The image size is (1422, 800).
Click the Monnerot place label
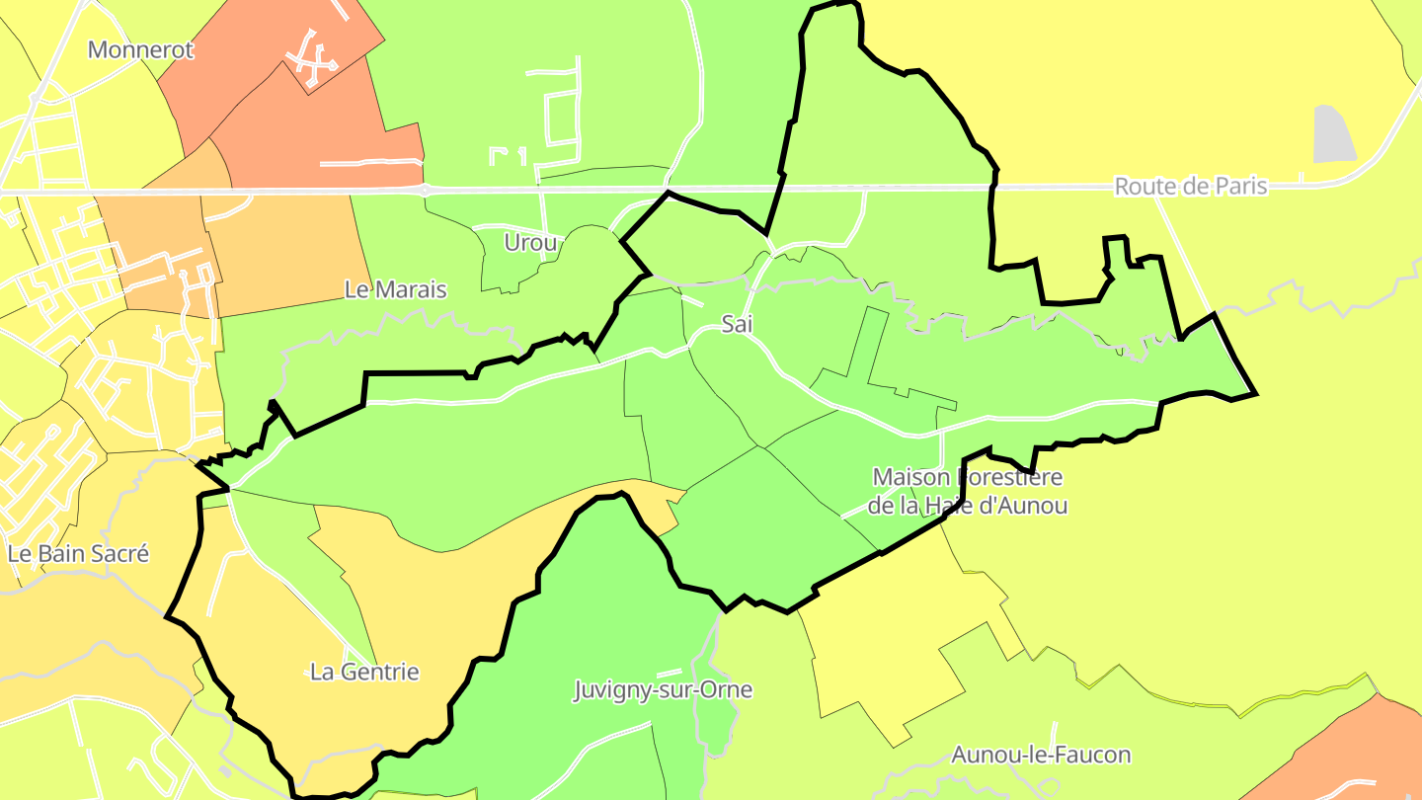(140, 50)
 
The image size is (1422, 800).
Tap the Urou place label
(530, 242)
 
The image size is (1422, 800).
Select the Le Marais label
(395, 290)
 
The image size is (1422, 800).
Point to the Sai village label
(731, 324)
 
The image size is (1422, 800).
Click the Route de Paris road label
(1190, 187)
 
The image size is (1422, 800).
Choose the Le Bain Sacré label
(78, 554)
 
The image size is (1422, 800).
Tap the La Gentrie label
(364, 673)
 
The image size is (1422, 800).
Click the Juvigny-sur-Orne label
(664, 689)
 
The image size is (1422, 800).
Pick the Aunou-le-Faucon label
(1041, 756)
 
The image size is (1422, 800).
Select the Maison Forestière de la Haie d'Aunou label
(968, 492)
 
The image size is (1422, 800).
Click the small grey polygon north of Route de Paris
(1334, 134)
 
